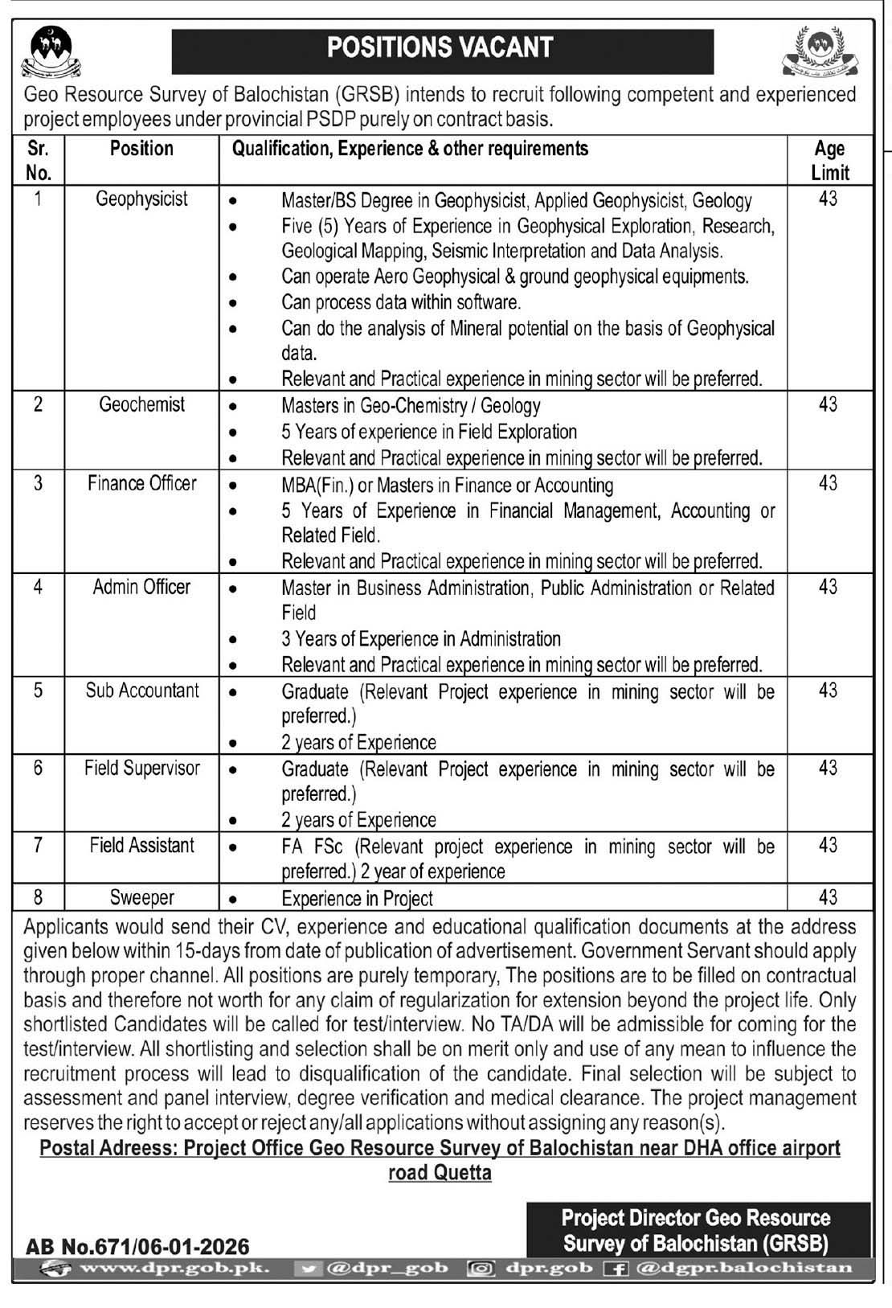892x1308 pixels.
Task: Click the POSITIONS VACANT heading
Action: pos(440,48)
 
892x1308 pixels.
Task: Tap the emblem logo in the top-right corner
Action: pos(819,51)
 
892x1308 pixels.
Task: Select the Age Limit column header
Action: pos(829,160)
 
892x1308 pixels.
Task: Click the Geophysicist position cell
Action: pos(141,199)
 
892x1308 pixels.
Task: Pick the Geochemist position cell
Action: pos(141,404)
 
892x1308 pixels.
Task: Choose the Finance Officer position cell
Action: pos(141,483)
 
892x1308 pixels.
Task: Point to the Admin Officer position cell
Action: pos(141,587)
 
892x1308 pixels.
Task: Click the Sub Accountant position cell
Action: pos(141,691)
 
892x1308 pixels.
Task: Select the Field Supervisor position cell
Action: pos(141,768)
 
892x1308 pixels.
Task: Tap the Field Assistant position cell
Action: pos(141,846)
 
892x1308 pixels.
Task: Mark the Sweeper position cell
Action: pos(141,897)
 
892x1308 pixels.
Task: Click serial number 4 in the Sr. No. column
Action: pos(38,587)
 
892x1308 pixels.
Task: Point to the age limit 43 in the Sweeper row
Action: pos(828,897)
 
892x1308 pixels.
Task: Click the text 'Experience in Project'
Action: pos(357,899)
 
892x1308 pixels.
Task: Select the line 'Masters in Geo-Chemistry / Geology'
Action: pos(411,406)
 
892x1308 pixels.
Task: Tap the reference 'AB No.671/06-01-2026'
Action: pos(137,1246)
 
